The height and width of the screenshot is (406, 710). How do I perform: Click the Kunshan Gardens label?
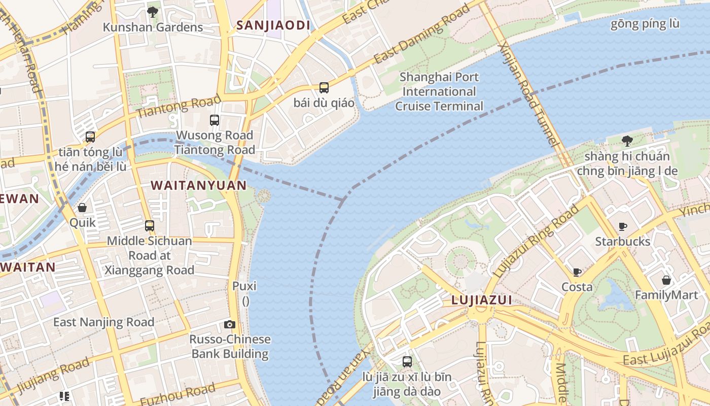153,27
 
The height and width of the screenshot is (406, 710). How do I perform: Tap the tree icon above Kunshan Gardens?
152,11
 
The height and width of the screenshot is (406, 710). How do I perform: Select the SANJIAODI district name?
273,25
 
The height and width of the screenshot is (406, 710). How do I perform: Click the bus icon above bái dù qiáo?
324,87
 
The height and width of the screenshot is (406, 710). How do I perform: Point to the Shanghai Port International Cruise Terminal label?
439,92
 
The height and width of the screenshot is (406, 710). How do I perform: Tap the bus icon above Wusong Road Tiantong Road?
215,120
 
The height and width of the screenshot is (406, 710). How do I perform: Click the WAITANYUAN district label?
199,186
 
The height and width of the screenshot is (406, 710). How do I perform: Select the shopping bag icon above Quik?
82,208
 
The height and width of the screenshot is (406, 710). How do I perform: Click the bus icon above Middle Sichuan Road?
150,226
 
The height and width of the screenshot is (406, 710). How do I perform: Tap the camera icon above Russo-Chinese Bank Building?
230,324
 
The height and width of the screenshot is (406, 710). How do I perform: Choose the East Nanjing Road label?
103,322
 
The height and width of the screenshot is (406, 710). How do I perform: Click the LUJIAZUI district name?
481,300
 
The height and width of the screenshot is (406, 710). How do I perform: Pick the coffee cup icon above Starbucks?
623,226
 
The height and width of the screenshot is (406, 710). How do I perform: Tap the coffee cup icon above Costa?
577,272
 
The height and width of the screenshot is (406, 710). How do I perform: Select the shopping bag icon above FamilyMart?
666,280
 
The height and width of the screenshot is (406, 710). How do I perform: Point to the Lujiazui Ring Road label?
537,241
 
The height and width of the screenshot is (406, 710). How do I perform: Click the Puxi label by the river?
244,286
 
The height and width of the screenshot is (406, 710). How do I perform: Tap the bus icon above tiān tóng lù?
90,137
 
